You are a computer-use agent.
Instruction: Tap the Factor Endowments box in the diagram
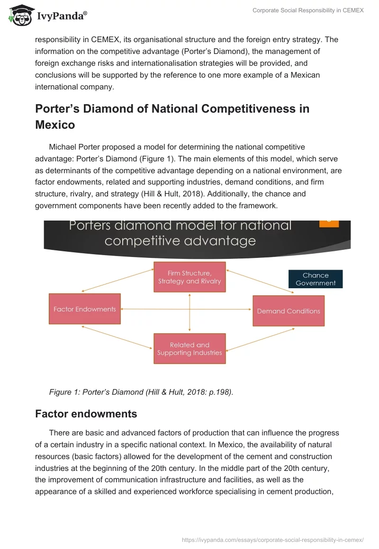(85, 309)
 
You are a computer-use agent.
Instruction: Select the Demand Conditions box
(289, 311)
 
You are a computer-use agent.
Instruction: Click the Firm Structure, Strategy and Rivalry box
(189, 277)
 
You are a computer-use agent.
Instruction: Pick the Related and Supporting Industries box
(189, 349)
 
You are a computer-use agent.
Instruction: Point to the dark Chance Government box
(316, 279)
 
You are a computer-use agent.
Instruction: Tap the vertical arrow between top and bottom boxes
(189, 312)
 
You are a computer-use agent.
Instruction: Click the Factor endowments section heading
(86, 414)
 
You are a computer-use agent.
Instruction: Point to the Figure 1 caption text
(141, 392)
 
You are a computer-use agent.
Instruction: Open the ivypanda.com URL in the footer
(273, 540)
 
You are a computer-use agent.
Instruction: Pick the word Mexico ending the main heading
(55, 124)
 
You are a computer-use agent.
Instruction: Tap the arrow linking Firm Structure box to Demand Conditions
(260, 282)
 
